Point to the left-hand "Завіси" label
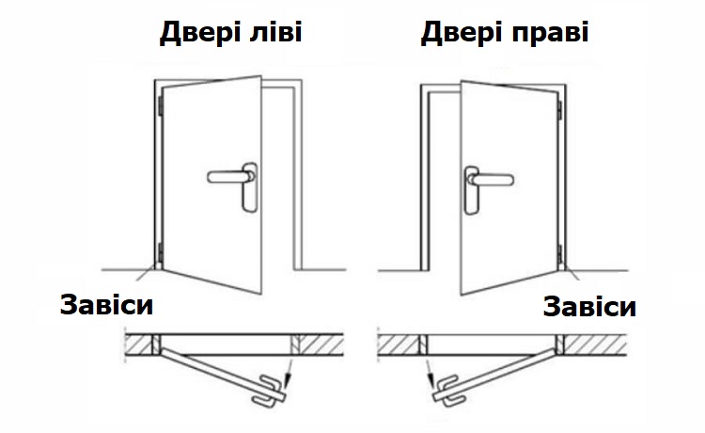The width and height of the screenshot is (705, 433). (x=106, y=305)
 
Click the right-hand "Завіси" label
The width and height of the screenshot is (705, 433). (x=589, y=307)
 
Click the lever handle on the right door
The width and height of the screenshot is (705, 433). (x=491, y=179)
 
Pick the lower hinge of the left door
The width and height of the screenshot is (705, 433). (x=160, y=253)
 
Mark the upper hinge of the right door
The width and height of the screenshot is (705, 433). (x=560, y=110)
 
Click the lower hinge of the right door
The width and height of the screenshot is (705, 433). (x=560, y=255)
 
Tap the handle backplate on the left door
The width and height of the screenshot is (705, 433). (x=250, y=187)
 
